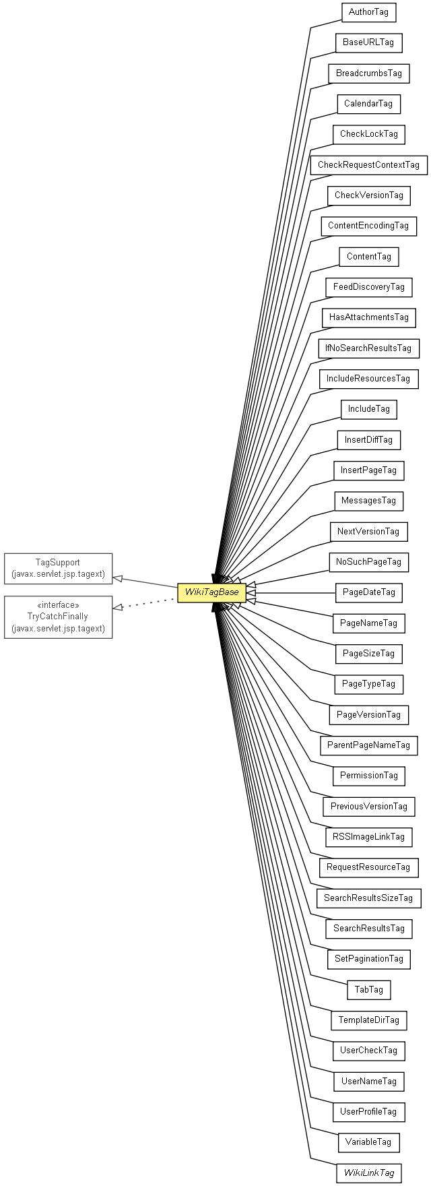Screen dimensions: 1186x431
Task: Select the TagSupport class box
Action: pos(58,568)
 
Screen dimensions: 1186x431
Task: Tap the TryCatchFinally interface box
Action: pos(58,617)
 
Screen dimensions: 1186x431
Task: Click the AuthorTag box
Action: pos(368,12)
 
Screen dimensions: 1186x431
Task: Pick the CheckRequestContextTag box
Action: pos(368,165)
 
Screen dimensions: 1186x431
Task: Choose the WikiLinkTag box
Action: pos(368,1173)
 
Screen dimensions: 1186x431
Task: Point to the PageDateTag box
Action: pos(368,592)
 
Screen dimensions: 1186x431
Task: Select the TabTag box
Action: pos(368,989)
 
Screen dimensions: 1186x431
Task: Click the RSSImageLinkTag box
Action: pos(368,837)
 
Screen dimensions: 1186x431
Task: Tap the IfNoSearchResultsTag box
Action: pos(368,348)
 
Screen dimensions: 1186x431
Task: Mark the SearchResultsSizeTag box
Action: pos(368,898)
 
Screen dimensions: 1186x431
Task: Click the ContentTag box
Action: pos(368,257)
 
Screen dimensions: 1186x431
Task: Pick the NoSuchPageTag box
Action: pos(368,562)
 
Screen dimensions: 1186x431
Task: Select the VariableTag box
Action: pos(368,1142)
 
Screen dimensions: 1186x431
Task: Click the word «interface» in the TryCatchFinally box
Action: pos(58,605)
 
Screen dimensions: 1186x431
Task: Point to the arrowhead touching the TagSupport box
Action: pos(117,578)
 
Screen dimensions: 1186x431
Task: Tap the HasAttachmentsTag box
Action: pos(368,317)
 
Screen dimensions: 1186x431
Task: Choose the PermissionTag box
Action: pos(368,776)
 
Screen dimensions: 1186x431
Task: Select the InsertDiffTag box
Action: pos(368,440)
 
